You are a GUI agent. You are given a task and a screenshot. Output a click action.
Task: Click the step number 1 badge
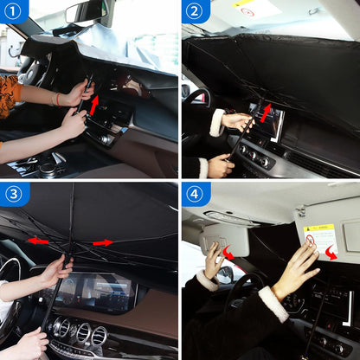point(12,12)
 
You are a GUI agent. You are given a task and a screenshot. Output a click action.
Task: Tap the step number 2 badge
point(195,12)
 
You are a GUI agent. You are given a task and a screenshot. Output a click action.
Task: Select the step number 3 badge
point(12,195)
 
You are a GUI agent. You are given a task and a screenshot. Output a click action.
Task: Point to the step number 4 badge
point(195,195)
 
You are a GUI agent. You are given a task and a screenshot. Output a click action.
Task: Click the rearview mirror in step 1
point(86,10)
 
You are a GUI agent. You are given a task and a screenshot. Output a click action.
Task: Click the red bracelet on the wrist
point(58,100)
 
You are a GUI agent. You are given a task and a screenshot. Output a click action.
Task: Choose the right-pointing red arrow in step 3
point(102,242)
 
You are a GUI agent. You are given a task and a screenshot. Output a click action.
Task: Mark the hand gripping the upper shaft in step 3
point(58,268)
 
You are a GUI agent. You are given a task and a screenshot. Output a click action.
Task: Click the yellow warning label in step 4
point(319,237)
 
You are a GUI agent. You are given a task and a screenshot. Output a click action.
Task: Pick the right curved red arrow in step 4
point(330,252)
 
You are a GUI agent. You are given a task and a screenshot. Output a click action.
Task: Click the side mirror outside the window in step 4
point(223,275)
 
